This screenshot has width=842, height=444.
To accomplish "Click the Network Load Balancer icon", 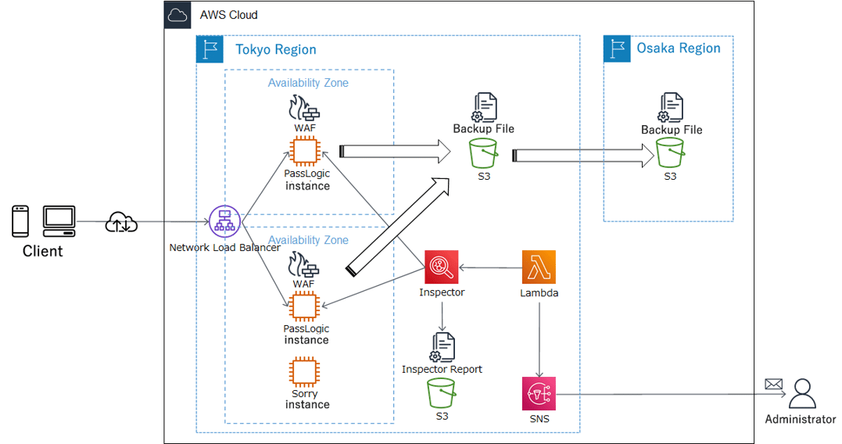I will pyautogui.click(x=225, y=223).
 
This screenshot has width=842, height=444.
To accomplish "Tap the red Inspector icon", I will pyautogui.click(x=442, y=267).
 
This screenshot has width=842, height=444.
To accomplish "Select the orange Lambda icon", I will pyautogui.click(x=539, y=267).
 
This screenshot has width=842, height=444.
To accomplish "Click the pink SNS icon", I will pyautogui.click(x=539, y=393).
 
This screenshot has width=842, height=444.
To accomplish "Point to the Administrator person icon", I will pyautogui.click(x=801, y=394).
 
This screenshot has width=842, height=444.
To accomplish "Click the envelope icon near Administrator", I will pyautogui.click(x=773, y=384).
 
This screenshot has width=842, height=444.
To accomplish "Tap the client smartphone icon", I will pyautogui.click(x=21, y=221).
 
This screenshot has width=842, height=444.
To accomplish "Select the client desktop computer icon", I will pyautogui.click(x=59, y=221).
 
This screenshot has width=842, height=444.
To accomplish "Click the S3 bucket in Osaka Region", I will pyautogui.click(x=670, y=153).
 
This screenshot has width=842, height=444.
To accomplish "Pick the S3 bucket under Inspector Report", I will pyautogui.click(x=442, y=393).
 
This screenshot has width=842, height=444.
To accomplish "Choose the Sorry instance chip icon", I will pyautogui.click(x=303, y=372).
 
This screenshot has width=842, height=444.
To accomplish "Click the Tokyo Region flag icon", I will pyautogui.click(x=210, y=49).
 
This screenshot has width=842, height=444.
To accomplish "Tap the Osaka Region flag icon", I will pyautogui.click(x=617, y=49).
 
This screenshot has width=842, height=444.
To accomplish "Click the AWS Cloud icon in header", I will pyautogui.click(x=177, y=15).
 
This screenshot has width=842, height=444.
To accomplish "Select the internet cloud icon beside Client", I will pyautogui.click(x=121, y=222).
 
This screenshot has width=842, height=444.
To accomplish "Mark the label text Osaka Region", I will pyautogui.click(x=678, y=48).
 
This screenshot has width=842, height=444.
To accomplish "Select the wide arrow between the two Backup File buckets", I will pyautogui.click(x=582, y=156).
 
